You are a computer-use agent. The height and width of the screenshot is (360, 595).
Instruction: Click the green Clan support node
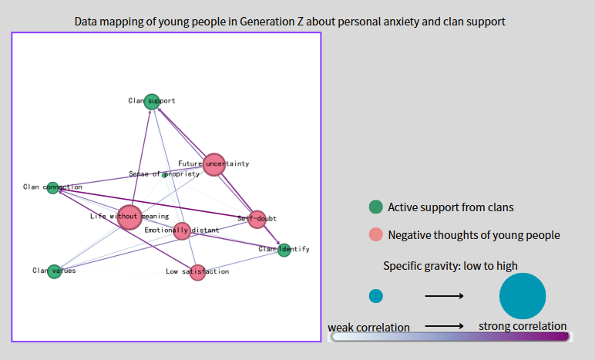coord(152,99)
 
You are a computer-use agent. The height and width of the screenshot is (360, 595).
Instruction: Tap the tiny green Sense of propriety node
coord(164,175)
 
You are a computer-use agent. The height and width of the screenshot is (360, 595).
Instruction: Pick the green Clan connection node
coord(52,187)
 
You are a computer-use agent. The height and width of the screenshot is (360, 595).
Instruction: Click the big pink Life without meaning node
coord(129,217)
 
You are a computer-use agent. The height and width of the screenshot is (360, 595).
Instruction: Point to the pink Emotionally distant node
coord(182,230)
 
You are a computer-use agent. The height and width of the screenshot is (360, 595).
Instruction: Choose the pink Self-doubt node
coord(257,219)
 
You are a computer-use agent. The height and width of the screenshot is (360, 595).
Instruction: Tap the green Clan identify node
coord(284,249)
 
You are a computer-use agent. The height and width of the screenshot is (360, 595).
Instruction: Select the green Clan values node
coord(54,271)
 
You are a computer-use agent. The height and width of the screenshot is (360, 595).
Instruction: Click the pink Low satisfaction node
coord(197,272)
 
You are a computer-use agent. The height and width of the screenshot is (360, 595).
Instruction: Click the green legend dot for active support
coord(375,207)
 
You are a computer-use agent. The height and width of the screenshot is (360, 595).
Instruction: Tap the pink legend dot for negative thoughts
coord(375,234)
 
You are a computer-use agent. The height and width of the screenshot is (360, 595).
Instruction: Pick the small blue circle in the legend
coord(375,295)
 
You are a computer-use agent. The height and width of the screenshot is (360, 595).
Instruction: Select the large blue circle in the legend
coord(522,295)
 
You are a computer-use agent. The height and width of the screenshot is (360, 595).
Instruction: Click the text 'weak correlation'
coord(368,328)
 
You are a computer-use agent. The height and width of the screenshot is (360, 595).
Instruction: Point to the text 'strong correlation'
coord(523,326)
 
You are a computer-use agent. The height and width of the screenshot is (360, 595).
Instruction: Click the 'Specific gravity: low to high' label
coord(450,266)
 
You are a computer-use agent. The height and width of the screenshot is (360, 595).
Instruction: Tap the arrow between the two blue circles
coord(443,295)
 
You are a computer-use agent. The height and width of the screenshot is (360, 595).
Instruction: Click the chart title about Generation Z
coord(290,22)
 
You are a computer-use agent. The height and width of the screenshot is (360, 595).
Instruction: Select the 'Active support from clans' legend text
coord(450,207)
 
